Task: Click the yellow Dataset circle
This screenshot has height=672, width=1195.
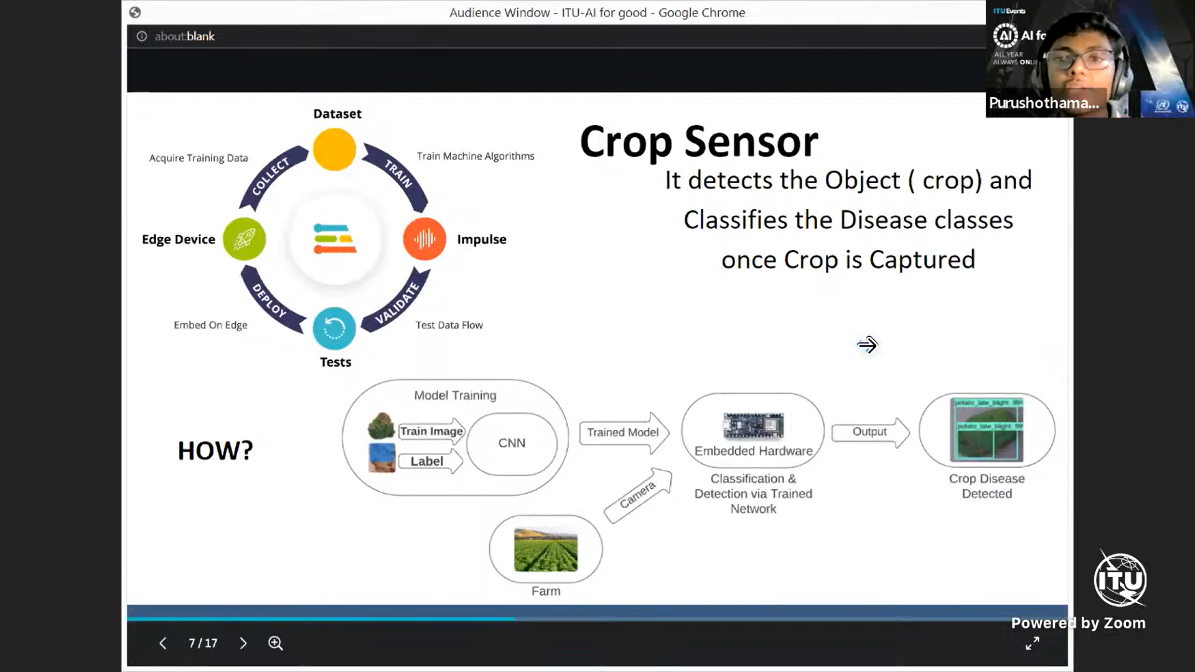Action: click(x=334, y=149)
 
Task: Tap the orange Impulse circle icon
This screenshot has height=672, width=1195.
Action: click(x=424, y=239)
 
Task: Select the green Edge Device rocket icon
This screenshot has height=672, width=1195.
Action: click(x=244, y=239)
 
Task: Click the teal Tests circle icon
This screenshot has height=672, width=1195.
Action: click(x=334, y=328)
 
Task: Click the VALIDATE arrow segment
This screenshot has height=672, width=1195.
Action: click(x=398, y=302)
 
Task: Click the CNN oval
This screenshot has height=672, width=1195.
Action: click(x=512, y=443)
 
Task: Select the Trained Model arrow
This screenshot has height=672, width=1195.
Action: click(x=624, y=432)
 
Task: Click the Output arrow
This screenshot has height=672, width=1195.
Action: click(x=870, y=432)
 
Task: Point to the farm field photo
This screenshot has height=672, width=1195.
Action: click(x=546, y=549)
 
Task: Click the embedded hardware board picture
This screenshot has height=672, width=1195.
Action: click(x=753, y=426)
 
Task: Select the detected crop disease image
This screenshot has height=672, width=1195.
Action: click(x=986, y=430)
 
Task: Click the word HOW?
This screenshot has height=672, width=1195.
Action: click(x=215, y=450)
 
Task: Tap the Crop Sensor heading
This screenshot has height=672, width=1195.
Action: click(x=699, y=142)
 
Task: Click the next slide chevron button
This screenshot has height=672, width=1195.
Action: click(x=243, y=643)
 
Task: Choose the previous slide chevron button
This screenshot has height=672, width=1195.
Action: click(x=162, y=643)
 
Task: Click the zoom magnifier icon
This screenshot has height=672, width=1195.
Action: click(x=276, y=643)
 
